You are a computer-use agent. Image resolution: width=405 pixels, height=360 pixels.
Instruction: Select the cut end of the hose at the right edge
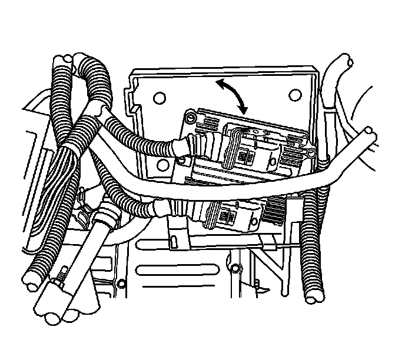[371, 138]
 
